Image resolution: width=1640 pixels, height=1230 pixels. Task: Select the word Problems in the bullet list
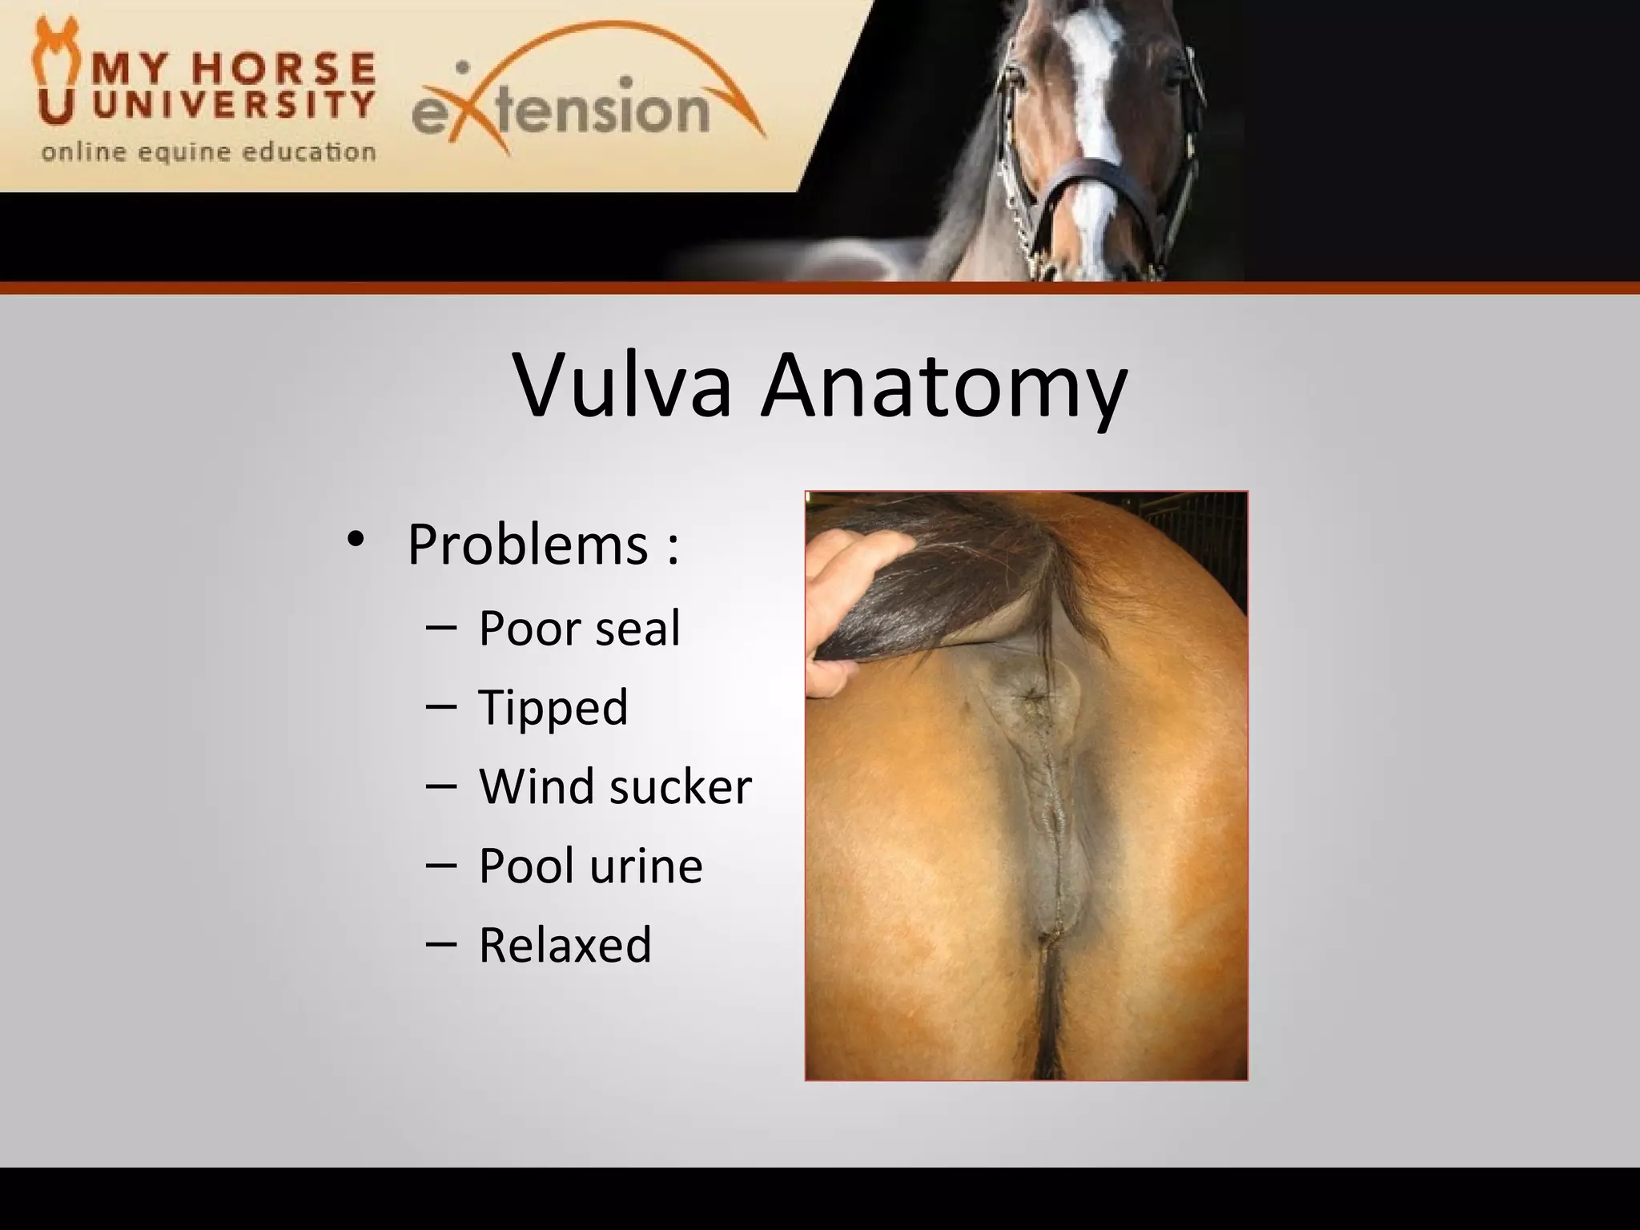(x=527, y=545)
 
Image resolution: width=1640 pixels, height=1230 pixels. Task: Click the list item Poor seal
(x=579, y=628)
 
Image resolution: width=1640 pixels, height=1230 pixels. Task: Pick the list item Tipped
(x=553, y=708)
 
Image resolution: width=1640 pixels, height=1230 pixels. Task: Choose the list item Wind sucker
(x=615, y=786)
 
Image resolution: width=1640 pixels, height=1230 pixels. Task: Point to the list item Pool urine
(x=590, y=866)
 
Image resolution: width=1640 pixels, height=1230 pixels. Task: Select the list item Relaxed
(x=565, y=945)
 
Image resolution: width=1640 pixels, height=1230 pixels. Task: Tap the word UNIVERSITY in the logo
(x=233, y=104)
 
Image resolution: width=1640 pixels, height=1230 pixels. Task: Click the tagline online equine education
(x=208, y=151)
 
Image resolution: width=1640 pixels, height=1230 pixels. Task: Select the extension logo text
(x=561, y=110)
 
